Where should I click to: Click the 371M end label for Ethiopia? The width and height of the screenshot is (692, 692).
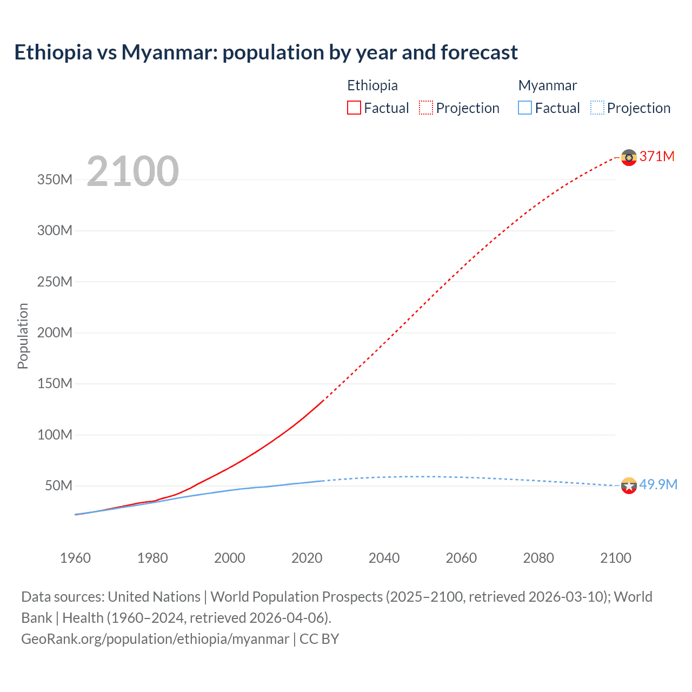pos(657,156)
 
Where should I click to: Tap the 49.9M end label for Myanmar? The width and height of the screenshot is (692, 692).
pos(658,484)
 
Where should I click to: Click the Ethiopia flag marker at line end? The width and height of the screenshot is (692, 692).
pos(629,157)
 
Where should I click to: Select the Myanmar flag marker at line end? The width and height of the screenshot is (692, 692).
pos(629,485)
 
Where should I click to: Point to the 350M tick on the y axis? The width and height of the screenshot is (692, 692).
pos(55,179)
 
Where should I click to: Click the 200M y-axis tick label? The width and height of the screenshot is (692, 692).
pos(55,332)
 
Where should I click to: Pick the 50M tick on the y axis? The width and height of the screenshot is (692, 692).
pos(58,485)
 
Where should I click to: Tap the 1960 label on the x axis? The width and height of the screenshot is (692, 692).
pos(75,558)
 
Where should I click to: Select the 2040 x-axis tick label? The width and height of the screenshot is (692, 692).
pos(384,558)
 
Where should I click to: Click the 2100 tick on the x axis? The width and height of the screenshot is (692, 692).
pos(615,558)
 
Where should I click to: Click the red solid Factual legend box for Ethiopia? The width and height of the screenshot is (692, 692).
pos(354,108)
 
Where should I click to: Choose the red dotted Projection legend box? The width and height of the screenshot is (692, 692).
pos(426,108)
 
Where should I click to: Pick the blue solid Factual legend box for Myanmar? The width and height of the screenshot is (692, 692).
pos(525,108)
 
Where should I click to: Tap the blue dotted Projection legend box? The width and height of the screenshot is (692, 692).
pos(597,108)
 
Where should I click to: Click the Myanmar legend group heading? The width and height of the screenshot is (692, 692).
pos(548,85)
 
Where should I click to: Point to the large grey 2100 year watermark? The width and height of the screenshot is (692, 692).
pos(132,171)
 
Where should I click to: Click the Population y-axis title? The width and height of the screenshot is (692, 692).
pos(23,336)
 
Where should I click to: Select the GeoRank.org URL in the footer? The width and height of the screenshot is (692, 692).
pos(155,639)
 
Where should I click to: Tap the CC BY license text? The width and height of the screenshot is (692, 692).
pos(319,639)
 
